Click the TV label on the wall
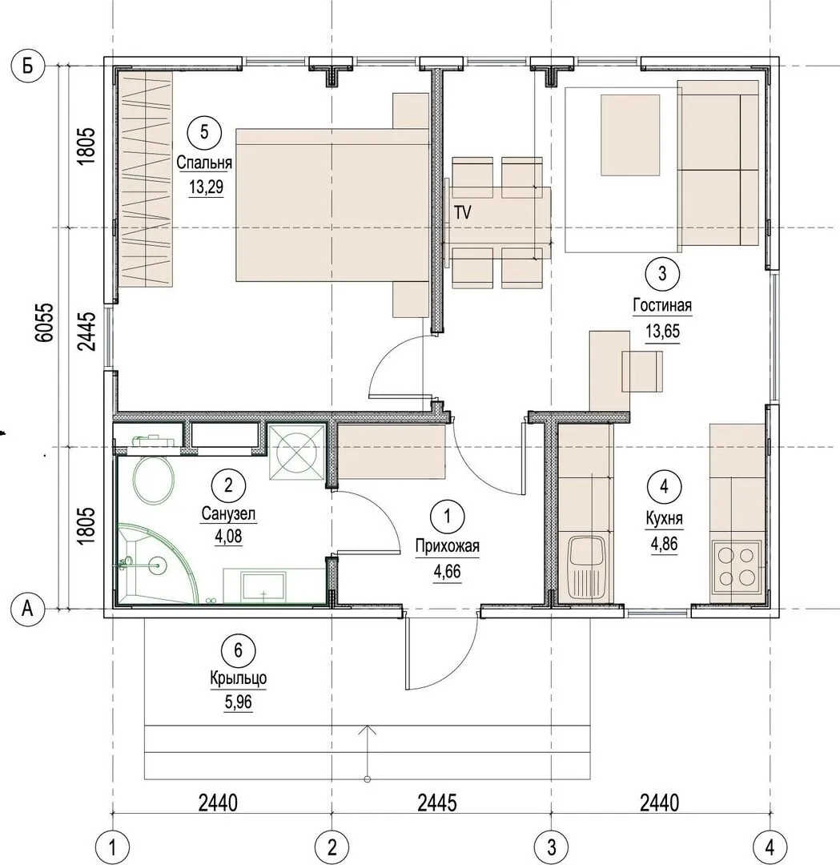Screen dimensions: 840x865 (463, 212)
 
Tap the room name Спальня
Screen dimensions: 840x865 (204, 163)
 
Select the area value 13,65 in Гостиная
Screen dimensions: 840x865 (662, 332)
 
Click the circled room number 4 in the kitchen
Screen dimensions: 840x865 (664, 487)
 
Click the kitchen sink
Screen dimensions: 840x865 (586, 569)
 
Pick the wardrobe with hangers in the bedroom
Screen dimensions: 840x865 (146, 179)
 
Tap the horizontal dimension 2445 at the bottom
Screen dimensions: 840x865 (437, 803)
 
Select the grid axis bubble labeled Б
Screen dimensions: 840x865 (27, 66)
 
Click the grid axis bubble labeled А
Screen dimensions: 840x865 (27, 609)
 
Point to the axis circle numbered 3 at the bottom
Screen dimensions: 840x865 (552, 847)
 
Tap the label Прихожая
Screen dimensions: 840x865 (448, 546)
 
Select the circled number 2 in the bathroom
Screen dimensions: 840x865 (228, 485)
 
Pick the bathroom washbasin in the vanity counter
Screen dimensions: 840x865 (263, 586)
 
